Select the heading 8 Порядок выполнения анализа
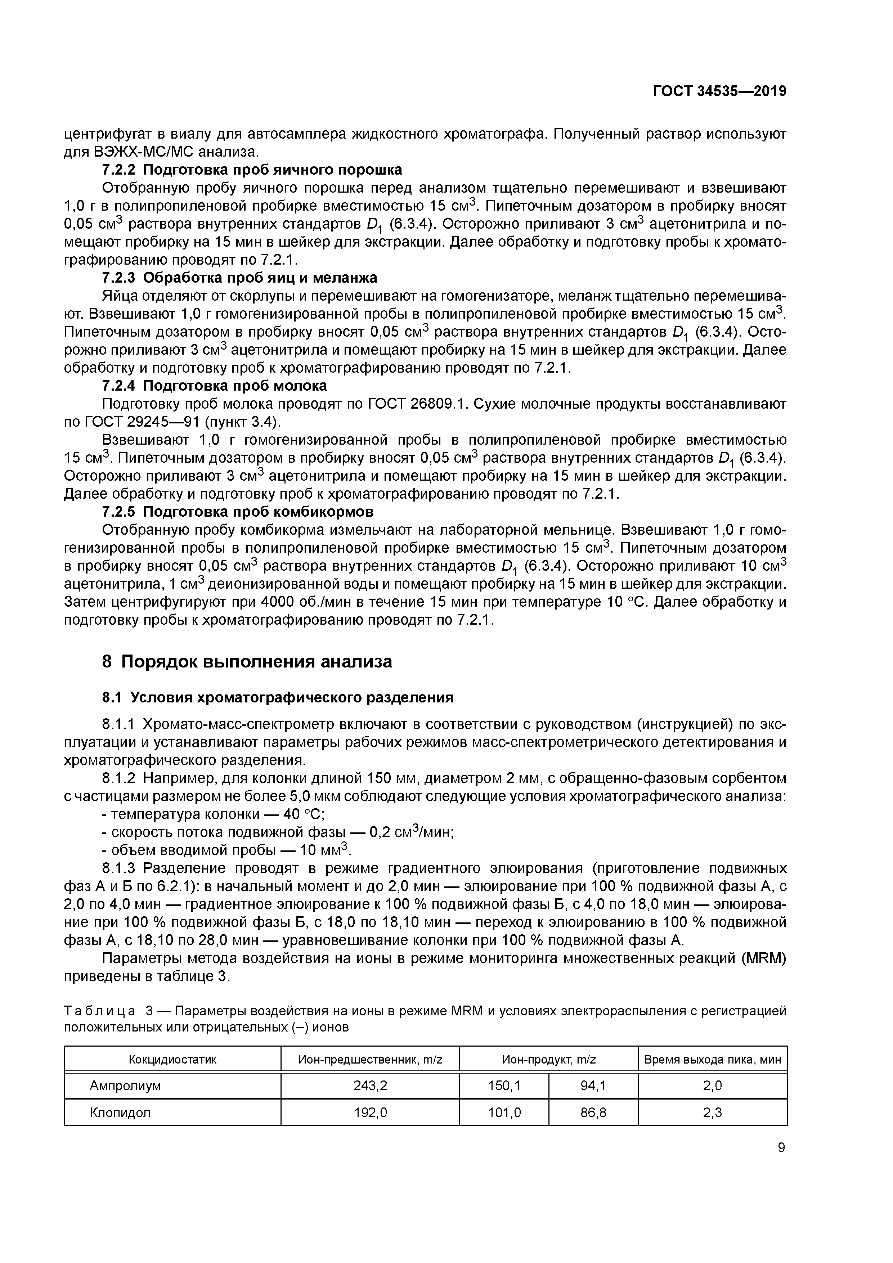[247, 661]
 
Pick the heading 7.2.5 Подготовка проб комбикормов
[238, 512]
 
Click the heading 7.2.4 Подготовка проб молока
[215, 385]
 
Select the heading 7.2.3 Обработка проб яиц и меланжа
[239, 277]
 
